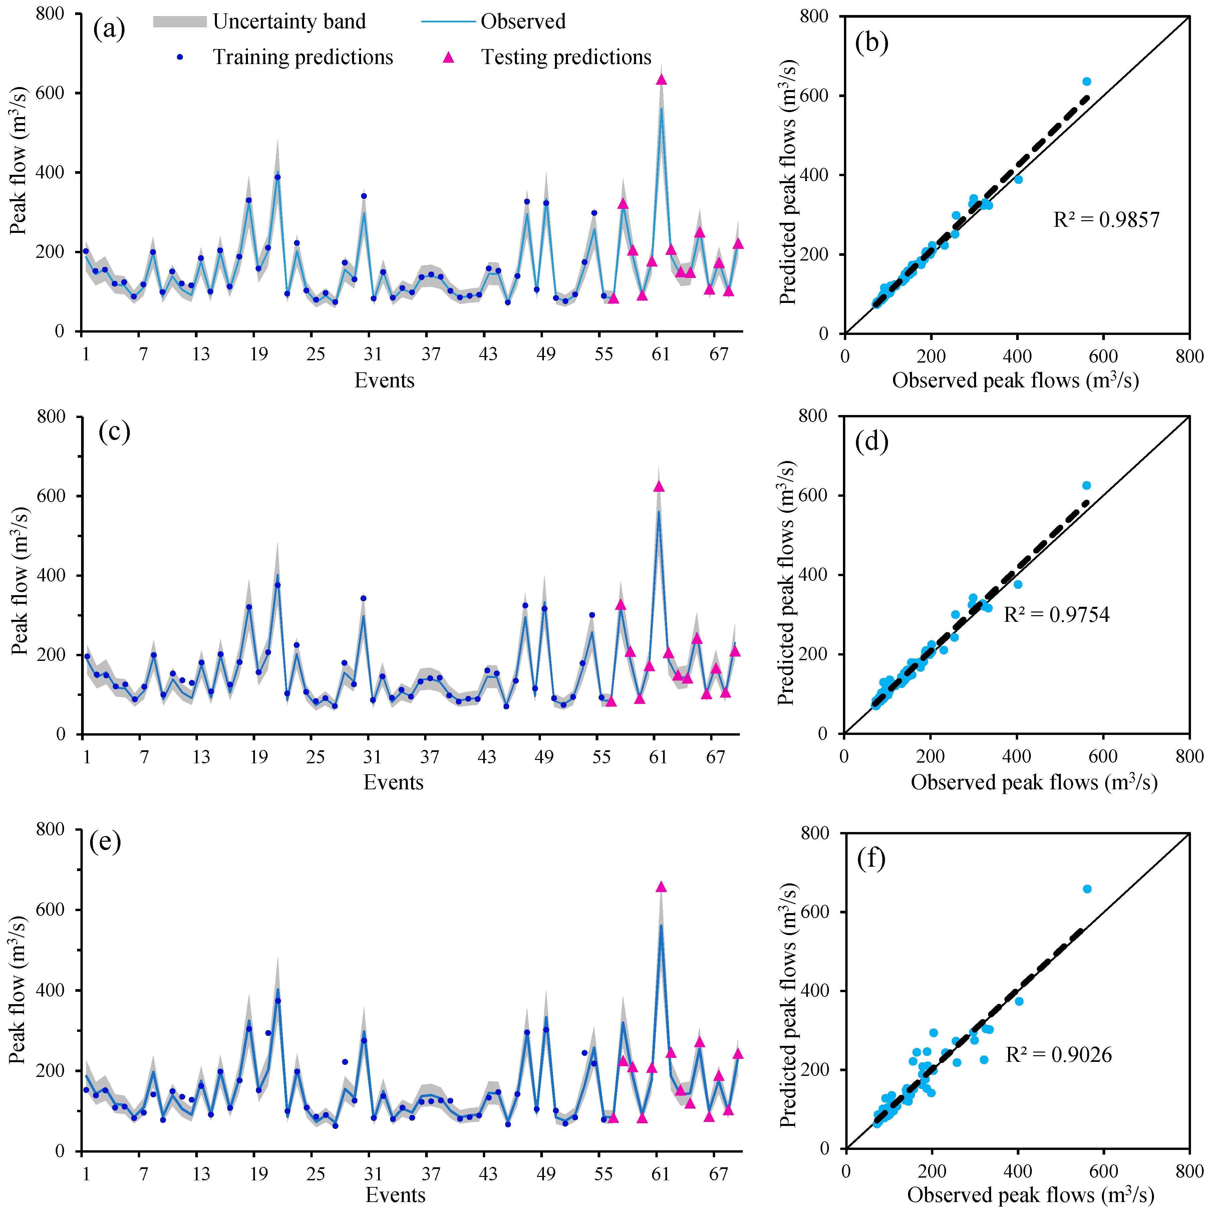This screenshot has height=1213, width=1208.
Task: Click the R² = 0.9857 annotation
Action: point(1106,220)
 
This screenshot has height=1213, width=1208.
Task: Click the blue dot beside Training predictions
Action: point(180,57)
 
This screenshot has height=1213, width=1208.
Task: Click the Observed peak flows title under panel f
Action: point(1030,1195)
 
